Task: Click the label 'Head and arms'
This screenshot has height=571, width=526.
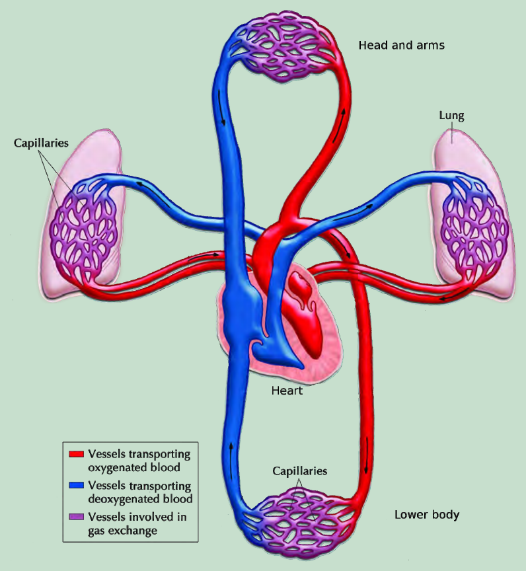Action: [402, 45]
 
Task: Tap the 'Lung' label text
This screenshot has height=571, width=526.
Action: [451, 116]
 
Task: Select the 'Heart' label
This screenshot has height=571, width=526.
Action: [287, 391]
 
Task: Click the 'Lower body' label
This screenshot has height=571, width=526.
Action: [427, 515]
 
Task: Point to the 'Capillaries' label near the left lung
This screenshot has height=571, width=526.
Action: [41, 143]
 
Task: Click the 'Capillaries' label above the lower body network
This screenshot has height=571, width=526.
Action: [299, 471]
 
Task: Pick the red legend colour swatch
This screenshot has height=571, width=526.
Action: [77, 454]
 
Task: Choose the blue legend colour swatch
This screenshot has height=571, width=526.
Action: [77, 486]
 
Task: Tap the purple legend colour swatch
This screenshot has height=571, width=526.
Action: [77, 517]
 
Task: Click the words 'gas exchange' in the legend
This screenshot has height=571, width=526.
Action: [122, 531]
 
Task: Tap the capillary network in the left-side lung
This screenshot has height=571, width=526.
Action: [85, 233]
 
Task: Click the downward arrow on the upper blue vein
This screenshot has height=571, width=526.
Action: [221, 108]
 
